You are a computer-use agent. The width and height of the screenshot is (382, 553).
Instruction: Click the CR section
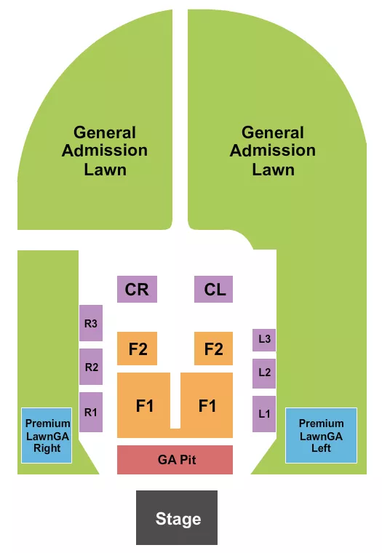[x=137, y=290]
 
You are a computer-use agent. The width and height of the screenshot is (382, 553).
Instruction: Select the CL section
[x=214, y=290]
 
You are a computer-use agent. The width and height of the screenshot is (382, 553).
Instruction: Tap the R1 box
[x=91, y=412]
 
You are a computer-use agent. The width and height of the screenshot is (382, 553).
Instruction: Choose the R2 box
[x=91, y=367]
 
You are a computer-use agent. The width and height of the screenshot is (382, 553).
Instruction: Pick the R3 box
[x=91, y=323]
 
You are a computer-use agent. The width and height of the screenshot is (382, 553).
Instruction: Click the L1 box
[x=264, y=413]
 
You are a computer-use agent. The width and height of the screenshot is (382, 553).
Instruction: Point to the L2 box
[x=264, y=373]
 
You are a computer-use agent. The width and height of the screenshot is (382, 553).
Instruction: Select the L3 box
[x=264, y=339]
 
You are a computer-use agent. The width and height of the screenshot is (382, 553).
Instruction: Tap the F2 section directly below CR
[x=138, y=349]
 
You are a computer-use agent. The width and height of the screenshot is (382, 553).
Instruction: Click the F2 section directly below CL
[x=213, y=349]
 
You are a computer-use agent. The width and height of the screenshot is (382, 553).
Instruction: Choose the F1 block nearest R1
[x=144, y=405]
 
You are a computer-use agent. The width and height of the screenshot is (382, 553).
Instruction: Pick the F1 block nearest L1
[x=207, y=405]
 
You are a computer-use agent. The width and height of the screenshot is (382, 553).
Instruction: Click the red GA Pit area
[x=175, y=460]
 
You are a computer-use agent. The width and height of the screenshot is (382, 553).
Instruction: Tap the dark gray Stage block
[x=178, y=517]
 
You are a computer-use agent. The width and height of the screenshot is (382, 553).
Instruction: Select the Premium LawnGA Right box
[x=47, y=435]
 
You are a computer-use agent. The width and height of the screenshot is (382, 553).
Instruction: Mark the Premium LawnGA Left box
[x=321, y=435]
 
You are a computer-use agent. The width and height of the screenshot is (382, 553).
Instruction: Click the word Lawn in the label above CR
[x=105, y=170]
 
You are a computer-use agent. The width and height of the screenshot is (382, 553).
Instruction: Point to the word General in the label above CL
[x=273, y=133]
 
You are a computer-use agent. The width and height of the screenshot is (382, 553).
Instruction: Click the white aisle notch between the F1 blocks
[x=175, y=400]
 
